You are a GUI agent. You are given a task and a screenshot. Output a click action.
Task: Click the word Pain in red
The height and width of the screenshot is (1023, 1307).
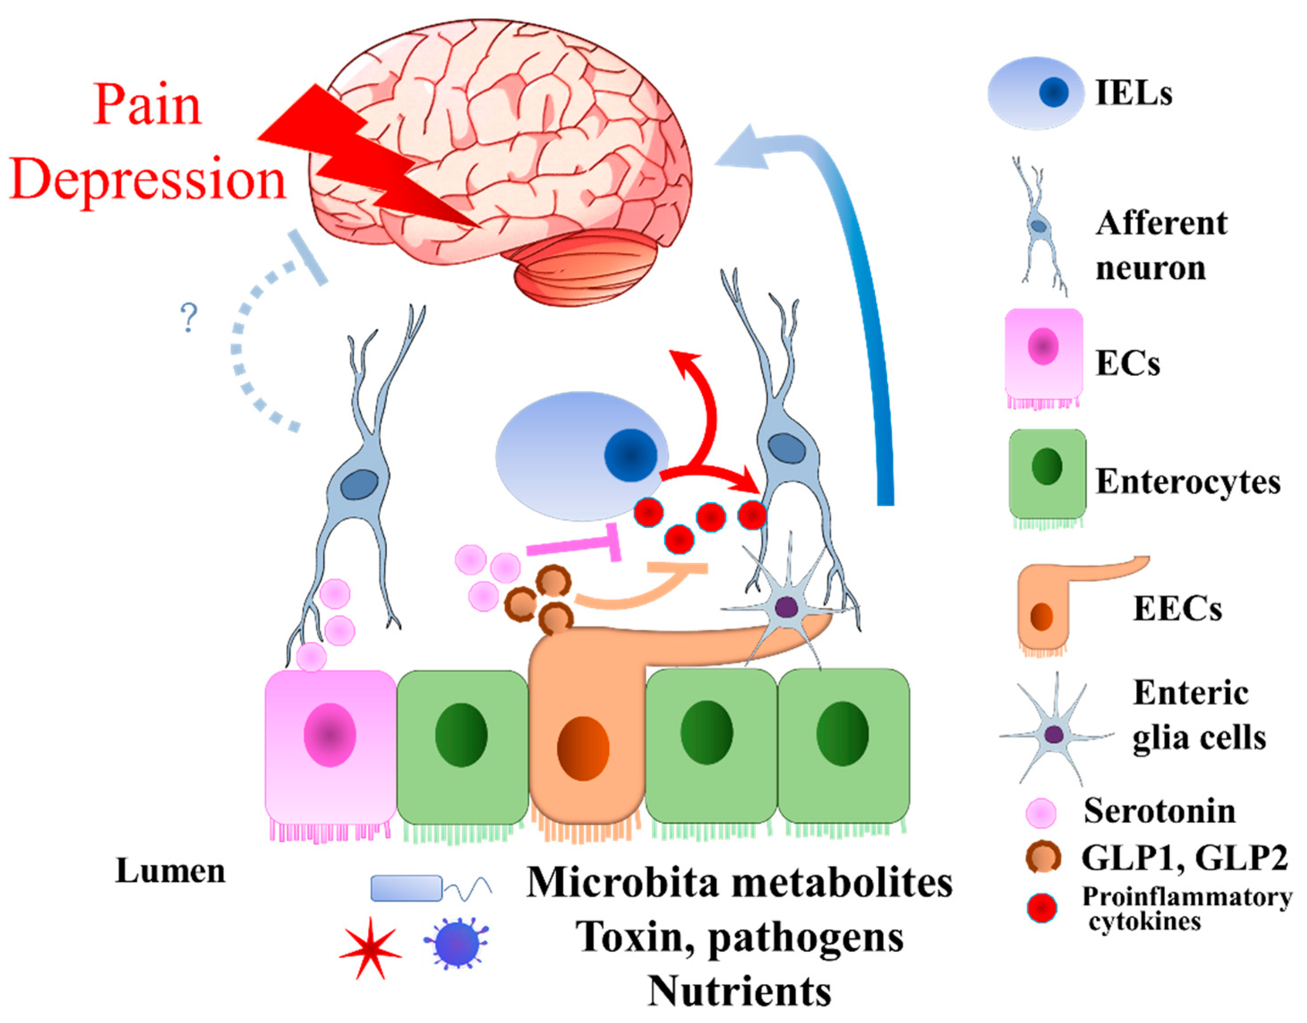[x=147, y=106]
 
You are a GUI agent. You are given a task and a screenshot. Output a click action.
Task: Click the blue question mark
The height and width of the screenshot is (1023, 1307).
[x=189, y=318]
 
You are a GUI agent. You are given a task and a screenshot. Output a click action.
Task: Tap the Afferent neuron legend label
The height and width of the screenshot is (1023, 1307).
[x=1161, y=246]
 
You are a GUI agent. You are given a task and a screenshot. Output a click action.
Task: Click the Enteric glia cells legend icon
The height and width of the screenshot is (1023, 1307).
[x=1054, y=734]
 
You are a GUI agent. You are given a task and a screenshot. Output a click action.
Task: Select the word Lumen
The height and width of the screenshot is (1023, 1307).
[x=170, y=871]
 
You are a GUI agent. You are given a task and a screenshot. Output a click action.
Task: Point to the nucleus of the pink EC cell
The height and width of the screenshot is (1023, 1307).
[x=329, y=735]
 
